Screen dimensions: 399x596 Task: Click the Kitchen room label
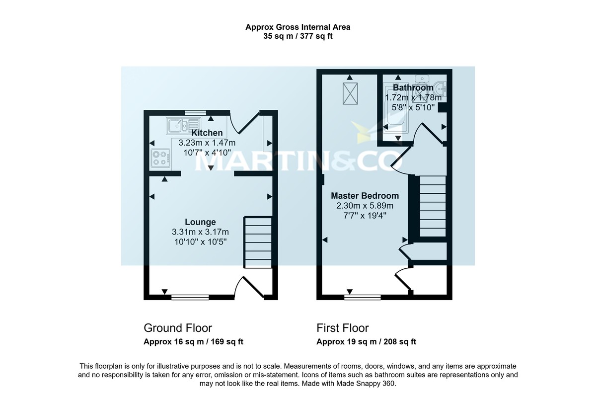pyautogui.click(x=207, y=133)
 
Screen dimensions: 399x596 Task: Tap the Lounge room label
pyautogui.click(x=200, y=222)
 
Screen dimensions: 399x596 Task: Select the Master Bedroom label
pyautogui.click(x=365, y=196)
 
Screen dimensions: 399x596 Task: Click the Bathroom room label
pyautogui.click(x=413, y=88)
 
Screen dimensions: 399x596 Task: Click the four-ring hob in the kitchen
pyautogui.click(x=160, y=158)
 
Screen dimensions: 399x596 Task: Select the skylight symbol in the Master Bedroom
pyautogui.click(x=350, y=93)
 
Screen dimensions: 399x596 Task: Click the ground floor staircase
pyautogui.click(x=257, y=242)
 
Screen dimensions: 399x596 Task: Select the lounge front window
pyautogui.click(x=190, y=297)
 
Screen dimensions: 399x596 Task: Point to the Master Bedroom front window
pyautogui.click(x=363, y=297)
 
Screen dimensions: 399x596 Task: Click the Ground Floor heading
pyautogui.click(x=178, y=328)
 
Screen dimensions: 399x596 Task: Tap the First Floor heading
pyautogui.click(x=343, y=328)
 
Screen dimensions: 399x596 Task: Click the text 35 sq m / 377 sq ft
pyautogui.click(x=301, y=36)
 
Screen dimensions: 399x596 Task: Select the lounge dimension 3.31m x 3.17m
pyautogui.click(x=200, y=232)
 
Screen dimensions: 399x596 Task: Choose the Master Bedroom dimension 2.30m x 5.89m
pyautogui.click(x=365, y=206)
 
